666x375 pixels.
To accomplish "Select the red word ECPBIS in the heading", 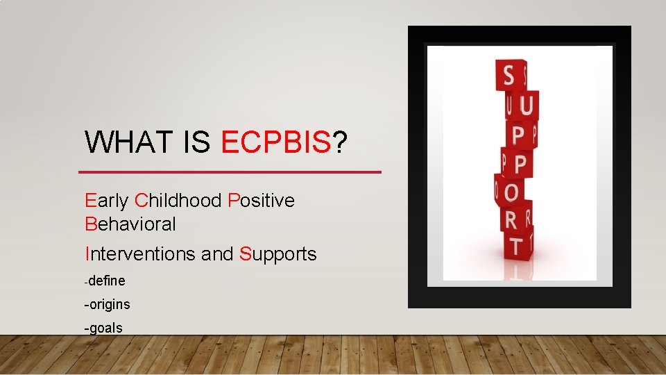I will [276, 142].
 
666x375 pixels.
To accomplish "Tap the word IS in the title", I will [198, 142].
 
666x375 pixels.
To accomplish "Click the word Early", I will [107, 201].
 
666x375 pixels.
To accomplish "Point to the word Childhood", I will [178, 201].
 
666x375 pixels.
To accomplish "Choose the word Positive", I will [261, 201].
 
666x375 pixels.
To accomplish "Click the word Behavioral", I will [130, 224].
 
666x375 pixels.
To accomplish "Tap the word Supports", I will [278, 254].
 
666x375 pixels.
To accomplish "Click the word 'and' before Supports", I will [217, 254].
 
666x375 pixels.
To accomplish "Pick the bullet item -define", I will [105, 281].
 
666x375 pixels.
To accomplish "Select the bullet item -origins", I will [107, 304].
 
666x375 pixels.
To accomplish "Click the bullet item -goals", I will [103, 328].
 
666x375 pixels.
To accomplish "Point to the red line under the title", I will [230, 172].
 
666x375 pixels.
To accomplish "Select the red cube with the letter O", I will [511, 190].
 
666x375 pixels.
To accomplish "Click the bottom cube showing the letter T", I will [515, 246].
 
